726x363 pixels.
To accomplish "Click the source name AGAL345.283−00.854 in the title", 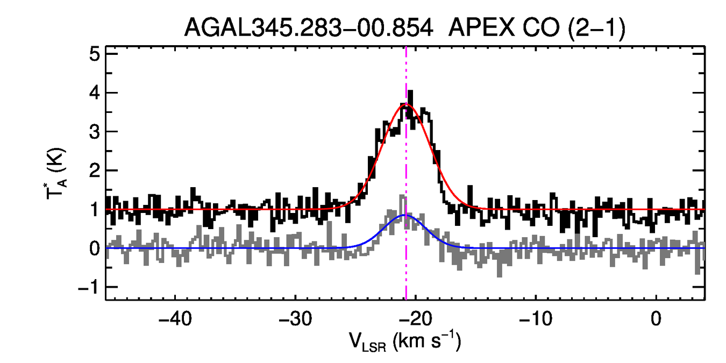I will click(309, 27).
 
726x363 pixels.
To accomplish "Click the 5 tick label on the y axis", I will click(94, 54).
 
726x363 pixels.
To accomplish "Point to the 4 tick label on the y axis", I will click(94, 93).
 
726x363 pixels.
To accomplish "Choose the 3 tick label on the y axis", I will click(94, 132).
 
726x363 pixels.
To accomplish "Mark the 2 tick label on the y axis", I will click(94, 170).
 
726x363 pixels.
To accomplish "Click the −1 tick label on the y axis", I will click(89, 287).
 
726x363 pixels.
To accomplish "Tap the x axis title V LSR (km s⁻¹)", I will click(405, 341).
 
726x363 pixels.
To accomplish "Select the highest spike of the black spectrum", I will click(410, 91).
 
